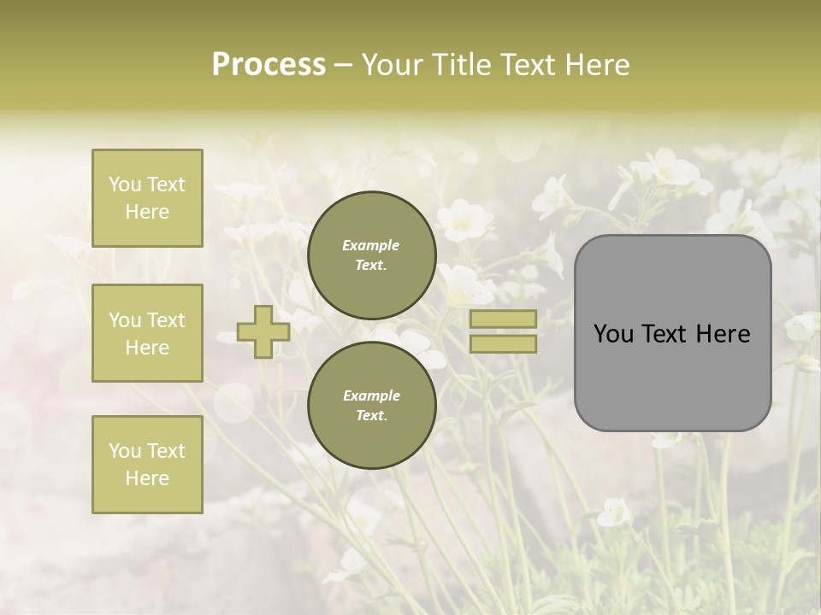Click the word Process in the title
pos(269,65)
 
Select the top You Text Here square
pos(147,198)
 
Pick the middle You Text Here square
pos(147,333)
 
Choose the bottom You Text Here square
pos(147,465)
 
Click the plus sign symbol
pos(263,331)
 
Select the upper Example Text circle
pos(371,255)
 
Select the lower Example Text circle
pos(371,406)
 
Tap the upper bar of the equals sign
pos(503,319)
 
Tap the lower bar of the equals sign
pos(503,343)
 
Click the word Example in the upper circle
pos(371,245)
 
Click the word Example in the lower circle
pos(371,395)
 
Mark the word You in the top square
pos(124,184)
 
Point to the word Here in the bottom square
pos(147,478)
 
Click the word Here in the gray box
pos(724,334)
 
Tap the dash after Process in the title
pos(343,65)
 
